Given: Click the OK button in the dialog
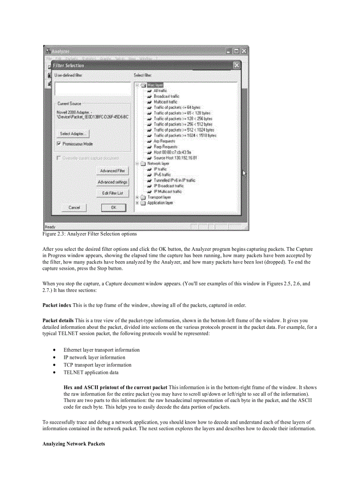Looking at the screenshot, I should click(x=113, y=207).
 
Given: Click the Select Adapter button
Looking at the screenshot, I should click(x=74, y=134).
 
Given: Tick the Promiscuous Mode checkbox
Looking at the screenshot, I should click(x=59, y=144).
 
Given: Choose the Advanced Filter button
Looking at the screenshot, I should click(x=112, y=171).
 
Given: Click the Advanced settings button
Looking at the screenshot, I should click(x=112, y=182).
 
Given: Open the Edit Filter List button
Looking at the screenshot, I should click(x=112, y=193).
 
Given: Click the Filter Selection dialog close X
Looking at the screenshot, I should click(x=236, y=65).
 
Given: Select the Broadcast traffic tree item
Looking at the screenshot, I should click(x=166, y=96).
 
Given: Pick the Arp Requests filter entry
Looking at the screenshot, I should click(x=164, y=141).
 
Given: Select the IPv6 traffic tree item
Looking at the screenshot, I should click(x=162, y=175).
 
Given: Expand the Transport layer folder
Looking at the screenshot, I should click(x=138, y=197).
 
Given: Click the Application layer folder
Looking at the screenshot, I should click(x=160, y=203).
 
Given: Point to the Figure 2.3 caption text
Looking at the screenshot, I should click(x=90, y=234).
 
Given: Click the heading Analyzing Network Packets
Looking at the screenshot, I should click(x=74, y=444).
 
